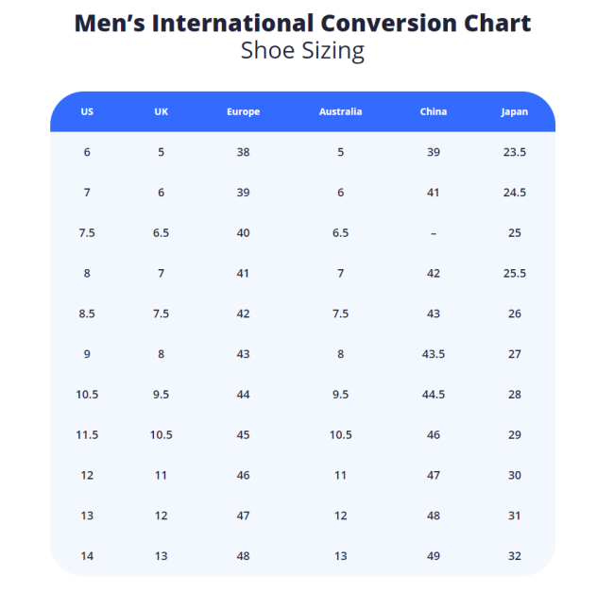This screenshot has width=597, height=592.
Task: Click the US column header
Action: pos(87,111)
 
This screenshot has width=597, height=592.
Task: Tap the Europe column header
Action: pos(243,111)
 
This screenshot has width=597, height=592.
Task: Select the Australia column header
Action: pos(340,111)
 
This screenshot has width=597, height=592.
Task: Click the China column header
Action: pos(434,111)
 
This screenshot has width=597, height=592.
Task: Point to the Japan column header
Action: pos(515,111)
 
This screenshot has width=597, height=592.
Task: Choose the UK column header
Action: pos(162,111)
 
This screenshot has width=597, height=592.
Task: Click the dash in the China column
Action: pos(434,233)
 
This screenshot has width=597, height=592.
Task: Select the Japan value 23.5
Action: pos(515,152)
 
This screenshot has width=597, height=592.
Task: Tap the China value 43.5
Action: pos(434,354)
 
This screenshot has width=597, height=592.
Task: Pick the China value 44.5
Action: pos(434,395)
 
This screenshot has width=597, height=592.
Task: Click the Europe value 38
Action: pos(243,152)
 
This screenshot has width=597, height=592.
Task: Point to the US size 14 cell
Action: pos(87,556)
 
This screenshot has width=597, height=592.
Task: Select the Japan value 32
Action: pos(515,556)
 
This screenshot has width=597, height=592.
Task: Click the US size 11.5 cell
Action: pos(87,435)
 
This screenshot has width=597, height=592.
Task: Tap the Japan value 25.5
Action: pos(515,274)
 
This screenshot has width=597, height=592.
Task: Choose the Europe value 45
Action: pos(243,435)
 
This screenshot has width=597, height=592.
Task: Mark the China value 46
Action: pos(434,435)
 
